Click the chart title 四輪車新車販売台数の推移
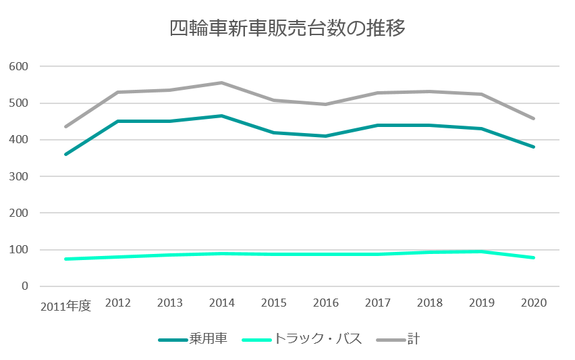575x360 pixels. [x=287, y=29]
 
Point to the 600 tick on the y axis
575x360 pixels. [x=19, y=66]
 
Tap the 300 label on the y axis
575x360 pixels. [x=19, y=176]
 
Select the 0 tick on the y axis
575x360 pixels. [x=24, y=286]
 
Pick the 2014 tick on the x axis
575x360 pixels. [x=222, y=303]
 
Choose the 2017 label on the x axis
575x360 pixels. [x=378, y=303]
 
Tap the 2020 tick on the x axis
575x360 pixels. [x=534, y=303]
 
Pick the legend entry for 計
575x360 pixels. [x=404, y=338]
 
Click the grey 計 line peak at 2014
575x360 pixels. [x=222, y=82]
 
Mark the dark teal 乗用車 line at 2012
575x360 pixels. [x=118, y=121]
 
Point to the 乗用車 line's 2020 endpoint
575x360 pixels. [x=534, y=147]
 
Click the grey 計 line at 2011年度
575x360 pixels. [x=66, y=126]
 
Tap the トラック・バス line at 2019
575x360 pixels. [x=482, y=251]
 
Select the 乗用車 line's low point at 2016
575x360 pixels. [x=326, y=136]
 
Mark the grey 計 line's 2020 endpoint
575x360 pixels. [x=534, y=119]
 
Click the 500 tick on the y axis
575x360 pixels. [x=19, y=103]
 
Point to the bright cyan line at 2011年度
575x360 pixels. [x=66, y=259]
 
